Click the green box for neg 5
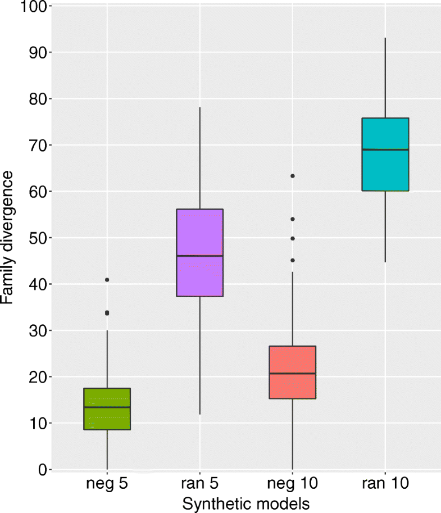(x=107, y=408)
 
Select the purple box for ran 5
(x=199, y=252)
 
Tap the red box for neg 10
(x=292, y=372)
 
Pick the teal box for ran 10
(x=385, y=155)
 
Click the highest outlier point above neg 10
(x=292, y=176)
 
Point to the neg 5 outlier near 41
(x=107, y=279)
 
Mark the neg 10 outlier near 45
(x=292, y=260)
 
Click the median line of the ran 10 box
(x=385, y=149)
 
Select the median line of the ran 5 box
(x=199, y=256)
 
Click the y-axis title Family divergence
(x=8, y=238)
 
